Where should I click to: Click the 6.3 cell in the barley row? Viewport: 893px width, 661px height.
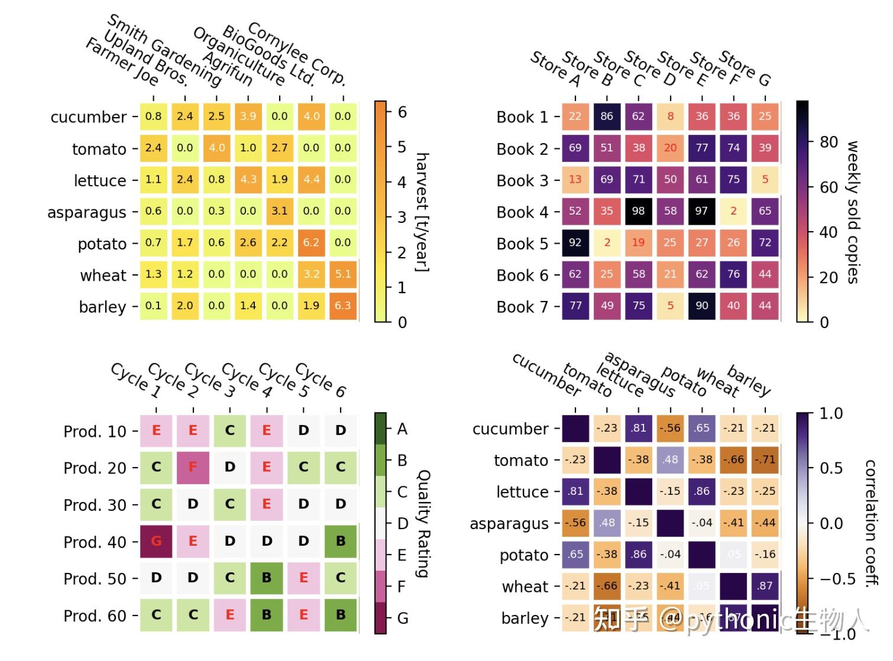342,306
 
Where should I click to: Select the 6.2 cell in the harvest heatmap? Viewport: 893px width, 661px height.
311,242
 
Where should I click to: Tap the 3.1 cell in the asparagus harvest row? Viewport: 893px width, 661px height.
279,211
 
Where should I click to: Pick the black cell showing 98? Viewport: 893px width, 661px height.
638,211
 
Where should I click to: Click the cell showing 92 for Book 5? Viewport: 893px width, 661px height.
575,242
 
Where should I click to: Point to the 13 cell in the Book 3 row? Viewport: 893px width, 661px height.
575,179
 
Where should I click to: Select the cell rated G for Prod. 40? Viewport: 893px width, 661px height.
156,541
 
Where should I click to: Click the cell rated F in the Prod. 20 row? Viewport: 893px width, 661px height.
193,467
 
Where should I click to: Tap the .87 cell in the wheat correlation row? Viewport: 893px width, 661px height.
765,585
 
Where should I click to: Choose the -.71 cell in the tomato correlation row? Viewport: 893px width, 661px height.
765,459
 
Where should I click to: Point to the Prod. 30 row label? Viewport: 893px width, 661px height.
95,505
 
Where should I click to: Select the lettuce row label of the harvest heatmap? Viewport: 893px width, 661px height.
99,180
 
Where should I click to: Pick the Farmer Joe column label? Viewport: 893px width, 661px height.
122,61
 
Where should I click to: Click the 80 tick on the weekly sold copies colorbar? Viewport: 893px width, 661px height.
829,142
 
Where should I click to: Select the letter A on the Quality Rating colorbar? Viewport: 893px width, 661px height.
402,429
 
